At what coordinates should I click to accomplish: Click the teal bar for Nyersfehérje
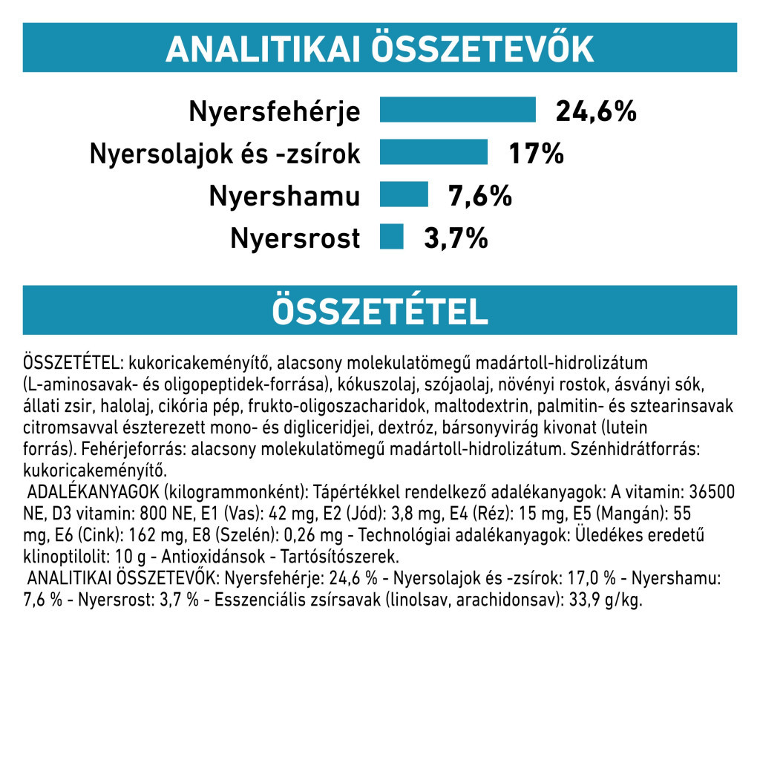pos(457,109)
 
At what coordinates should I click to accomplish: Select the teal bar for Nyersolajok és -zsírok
pos(433,152)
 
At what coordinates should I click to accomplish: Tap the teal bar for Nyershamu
pos(404,195)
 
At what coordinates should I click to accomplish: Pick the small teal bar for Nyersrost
pos(391,237)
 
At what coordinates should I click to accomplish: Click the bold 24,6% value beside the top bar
pos(596,111)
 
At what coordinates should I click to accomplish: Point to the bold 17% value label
pos(536,154)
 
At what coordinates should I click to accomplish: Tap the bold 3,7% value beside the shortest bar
pos(455,239)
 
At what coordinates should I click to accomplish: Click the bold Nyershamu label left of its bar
pos(284,197)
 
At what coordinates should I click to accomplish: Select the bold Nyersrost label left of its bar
pos(295,239)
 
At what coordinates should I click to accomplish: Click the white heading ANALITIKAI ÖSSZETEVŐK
pos(379,49)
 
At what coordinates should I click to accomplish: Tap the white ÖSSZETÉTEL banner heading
pos(379,312)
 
